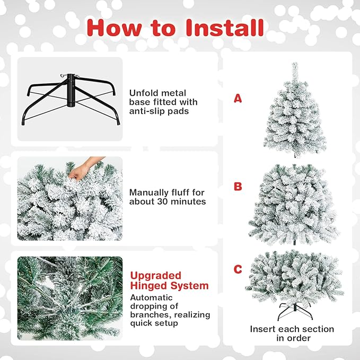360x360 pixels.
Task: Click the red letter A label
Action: (238, 98)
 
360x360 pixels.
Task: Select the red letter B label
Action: (238, 187)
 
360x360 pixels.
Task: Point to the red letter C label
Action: (238, 269)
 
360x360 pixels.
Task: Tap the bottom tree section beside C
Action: (294, 276)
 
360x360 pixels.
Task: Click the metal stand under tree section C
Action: (293, 310)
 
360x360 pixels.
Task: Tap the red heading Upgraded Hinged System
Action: (169, 280)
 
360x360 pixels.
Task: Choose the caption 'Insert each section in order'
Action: (292, 333)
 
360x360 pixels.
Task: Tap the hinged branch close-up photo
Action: (69, 298)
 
